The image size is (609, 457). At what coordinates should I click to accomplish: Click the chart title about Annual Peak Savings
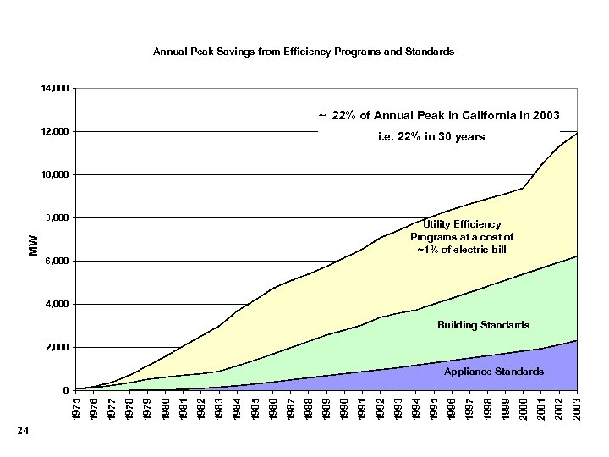(304, 52)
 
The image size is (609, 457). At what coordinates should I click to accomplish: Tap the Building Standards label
(483, 325)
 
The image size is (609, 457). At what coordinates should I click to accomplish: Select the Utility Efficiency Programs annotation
(473, 237)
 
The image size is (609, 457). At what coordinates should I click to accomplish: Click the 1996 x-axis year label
(453, 406)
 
